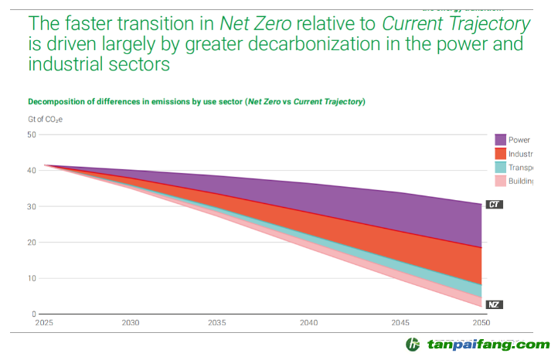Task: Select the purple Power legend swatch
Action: point(501,140)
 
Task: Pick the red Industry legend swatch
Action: point(501,154)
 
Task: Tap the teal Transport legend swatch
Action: point(501,168)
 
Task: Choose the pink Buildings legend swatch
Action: point(501,181)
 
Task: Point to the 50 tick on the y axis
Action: point(32,134)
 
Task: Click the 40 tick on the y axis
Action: point(32,171)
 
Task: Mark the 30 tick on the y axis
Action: point(32,206)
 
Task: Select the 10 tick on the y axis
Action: point(32,278)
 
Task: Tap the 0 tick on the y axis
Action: point(34,314)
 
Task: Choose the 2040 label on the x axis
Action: point(308,323)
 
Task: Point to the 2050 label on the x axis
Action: point(481,323)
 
